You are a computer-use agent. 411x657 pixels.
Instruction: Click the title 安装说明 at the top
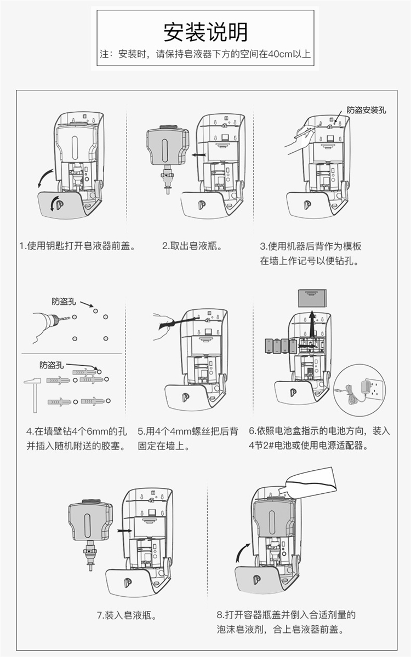tap(206, 32)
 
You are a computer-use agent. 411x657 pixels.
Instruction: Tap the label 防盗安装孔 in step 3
tap(366, 109)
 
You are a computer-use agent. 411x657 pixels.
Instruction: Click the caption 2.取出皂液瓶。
tap(192, 246)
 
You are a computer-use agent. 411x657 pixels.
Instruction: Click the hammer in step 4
tap(32, 392)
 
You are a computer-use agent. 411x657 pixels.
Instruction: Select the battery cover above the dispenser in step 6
tap(311, 298)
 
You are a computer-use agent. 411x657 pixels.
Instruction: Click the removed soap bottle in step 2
tap(167, 148)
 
